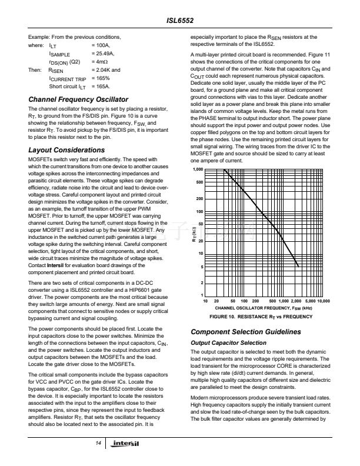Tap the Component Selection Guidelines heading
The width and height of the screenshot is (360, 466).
[246, 332]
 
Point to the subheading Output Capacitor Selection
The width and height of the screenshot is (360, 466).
[229, 342]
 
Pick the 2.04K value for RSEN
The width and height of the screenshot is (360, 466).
[105, 69]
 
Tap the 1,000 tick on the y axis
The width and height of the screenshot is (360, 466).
[199, 169]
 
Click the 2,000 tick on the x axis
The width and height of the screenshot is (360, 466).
[296, 301]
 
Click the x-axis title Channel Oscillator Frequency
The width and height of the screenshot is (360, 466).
[263, 308]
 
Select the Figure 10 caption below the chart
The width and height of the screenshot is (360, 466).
[262, 317]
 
